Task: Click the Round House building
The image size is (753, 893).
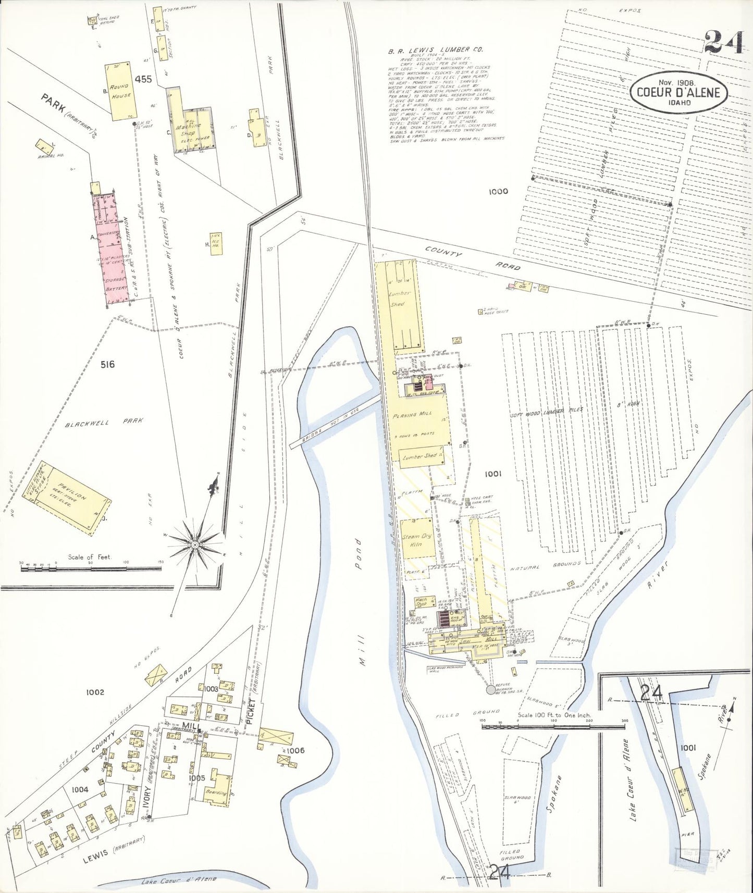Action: [x=119, y=93]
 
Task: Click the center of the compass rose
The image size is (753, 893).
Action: [x=195, y=544]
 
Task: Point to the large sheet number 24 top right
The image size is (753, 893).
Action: [x=724, y=42]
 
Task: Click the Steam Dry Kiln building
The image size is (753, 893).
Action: [x=417, y=539]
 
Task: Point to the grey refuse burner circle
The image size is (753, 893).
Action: [x=490, y=689]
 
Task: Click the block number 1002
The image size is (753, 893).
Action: [x=95, y=692]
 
